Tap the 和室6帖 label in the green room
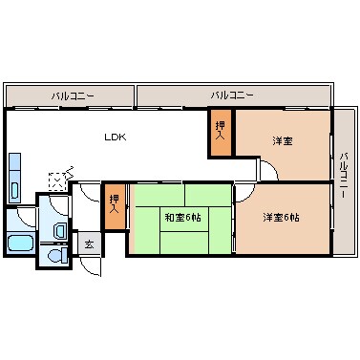(181, 218)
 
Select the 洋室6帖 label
(281, 218)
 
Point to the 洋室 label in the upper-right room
(282, 141)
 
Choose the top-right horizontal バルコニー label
(232, 96)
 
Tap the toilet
(55, 256)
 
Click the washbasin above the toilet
(59, 228)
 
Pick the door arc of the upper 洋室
(268, 170)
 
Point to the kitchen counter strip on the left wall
(15, 177)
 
